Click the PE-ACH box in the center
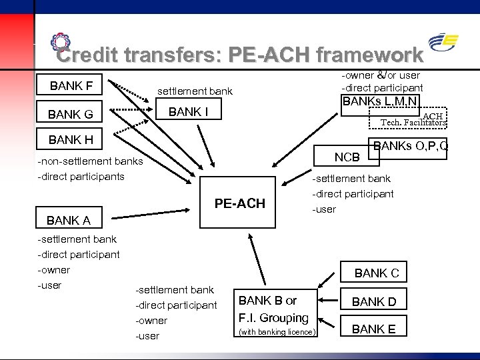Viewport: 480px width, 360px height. pos(239,203)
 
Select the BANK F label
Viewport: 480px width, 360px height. pos(71,85)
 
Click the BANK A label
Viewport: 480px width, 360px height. pos(69,220)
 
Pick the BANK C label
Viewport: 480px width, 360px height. pos(377,273)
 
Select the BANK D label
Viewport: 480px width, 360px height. pos(374,301)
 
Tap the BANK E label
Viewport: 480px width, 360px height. pos(374,328)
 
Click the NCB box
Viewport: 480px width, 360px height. pos(347,157)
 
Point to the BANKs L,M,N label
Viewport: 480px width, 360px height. pos(380,103)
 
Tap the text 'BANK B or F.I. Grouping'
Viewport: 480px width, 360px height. pos(274,309)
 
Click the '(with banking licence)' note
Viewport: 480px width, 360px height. pos(277,331)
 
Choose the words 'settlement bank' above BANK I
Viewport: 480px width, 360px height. pos(195,91)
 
